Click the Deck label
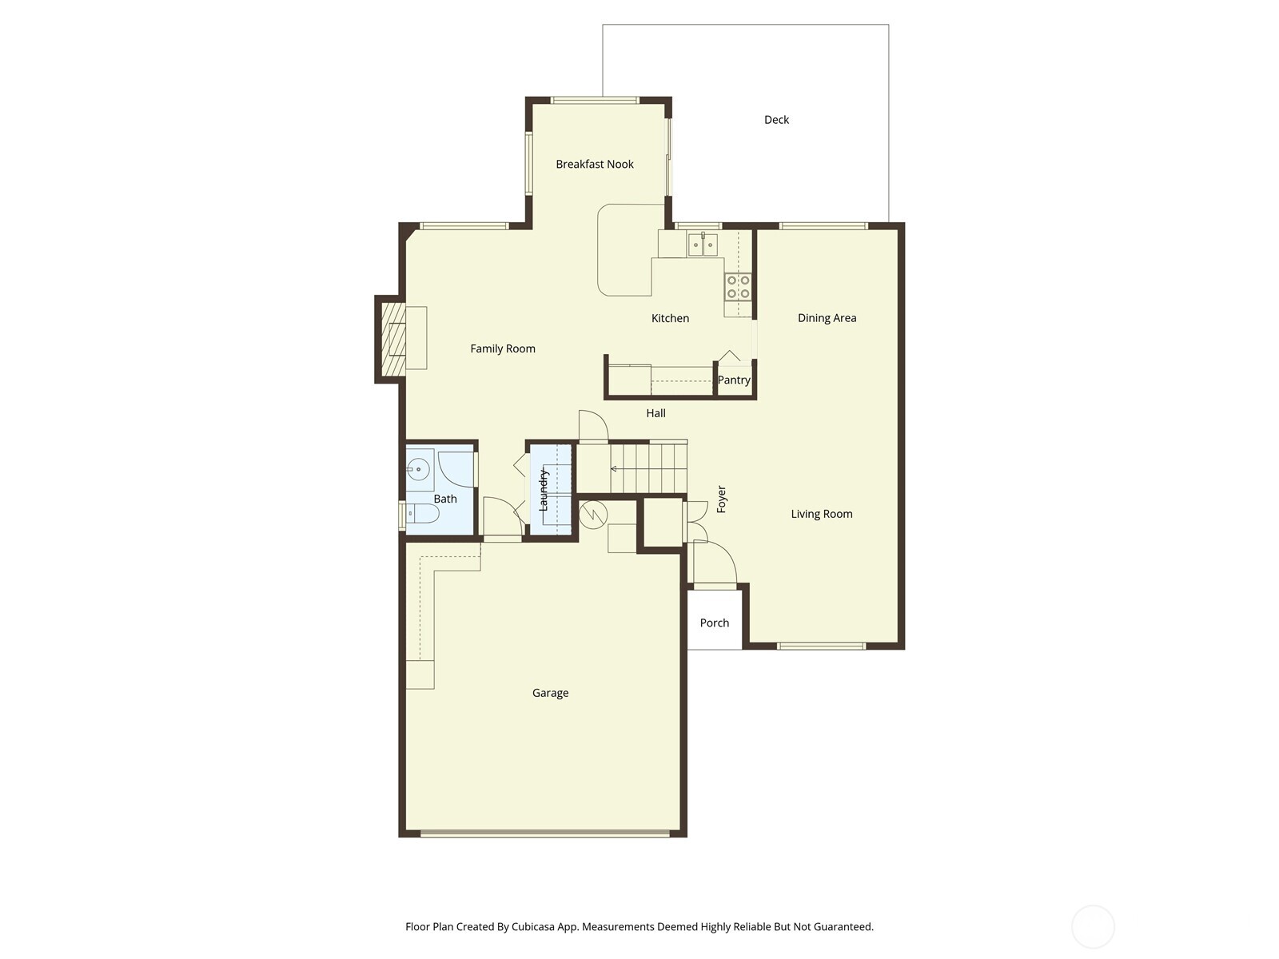coord(776,119)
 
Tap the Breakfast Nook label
coord(595,164)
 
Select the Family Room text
coord(502,348)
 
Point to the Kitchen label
coord(670,318)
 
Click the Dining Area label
coord(827,318)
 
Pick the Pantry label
coord(734,380)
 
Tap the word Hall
coord(655,413)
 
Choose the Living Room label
coord(822,514)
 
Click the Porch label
coord(715,623)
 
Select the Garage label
coord(550,693)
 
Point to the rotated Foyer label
coord(721,499)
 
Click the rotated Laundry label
coord(543,490)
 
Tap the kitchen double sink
coord(703,244)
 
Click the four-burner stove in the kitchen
coord(738,287)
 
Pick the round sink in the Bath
coord(418,469)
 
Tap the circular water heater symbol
coord(593,515)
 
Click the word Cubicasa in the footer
coord(533,926)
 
